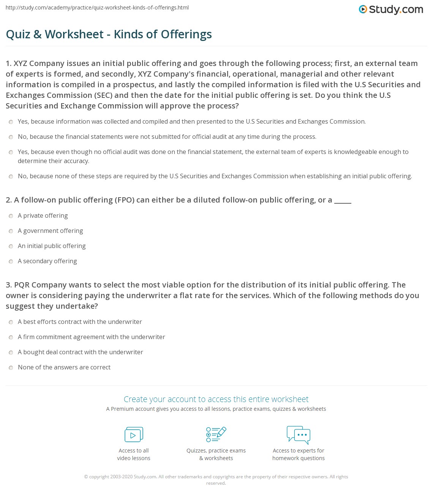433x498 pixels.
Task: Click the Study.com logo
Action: [x=391, y=9]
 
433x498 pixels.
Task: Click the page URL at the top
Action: [x=97, y=8]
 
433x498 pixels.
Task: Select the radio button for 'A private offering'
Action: [x=11, y=216]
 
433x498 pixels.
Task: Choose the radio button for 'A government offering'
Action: [x=11, y=231]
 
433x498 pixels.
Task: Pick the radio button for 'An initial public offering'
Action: [x=11, y=246]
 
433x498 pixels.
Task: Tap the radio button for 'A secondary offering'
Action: [x=11, y=261]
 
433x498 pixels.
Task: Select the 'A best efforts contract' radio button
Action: [x=11, y=322]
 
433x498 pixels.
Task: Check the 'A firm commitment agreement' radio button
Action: [x=11, y=337]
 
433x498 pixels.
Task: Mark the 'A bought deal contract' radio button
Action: [x=11, y=352]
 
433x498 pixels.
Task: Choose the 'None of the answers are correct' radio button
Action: [x=11, y=368]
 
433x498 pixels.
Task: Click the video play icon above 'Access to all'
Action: [x=134, y=435]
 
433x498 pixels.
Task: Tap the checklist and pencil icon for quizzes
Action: [x=216, y=435]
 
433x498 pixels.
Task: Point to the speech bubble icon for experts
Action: [x=299, y=435]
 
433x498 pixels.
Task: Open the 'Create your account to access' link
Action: [x=216, y=399]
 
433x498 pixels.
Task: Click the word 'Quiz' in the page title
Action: [x=18, y=34]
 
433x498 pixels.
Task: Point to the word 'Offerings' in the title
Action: [x=186, y=34]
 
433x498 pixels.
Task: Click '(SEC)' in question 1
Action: [x=104, y=95]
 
